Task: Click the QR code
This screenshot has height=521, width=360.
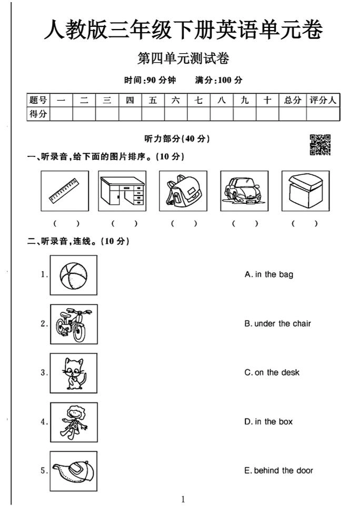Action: [x=321, y=145]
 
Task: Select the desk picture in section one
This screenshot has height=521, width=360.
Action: [x=123, y=191]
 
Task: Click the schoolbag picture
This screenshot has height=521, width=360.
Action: [x=182, y=191]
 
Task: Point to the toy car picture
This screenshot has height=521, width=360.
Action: [x=244, y=191]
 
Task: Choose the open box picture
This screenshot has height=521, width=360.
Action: [x=305, y=191]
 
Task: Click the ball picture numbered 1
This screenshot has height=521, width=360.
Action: [x=74, y=275]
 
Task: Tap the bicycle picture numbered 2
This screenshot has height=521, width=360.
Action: [x=74, y=324]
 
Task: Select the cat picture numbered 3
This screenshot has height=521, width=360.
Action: [x=74, y=373]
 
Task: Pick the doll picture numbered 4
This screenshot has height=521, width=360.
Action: [x=74, y=422]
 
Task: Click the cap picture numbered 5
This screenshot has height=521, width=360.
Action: [x=74, y=471]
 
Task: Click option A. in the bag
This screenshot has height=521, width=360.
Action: [x=269, y=274]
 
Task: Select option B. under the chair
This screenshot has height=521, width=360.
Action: [x=277, y=323]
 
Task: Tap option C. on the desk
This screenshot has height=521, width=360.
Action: [x=272, y=372]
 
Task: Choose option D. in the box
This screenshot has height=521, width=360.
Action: [x=269, y=421]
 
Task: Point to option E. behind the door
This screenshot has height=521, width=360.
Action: [x=278, y=470]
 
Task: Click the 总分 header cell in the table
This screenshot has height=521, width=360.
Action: [x=293, y=100]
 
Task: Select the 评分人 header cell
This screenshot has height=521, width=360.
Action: [x=323, y=100]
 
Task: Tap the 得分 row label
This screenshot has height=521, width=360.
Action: [x=38, y=114]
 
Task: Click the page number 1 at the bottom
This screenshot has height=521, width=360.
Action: [x=183, y=499]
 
